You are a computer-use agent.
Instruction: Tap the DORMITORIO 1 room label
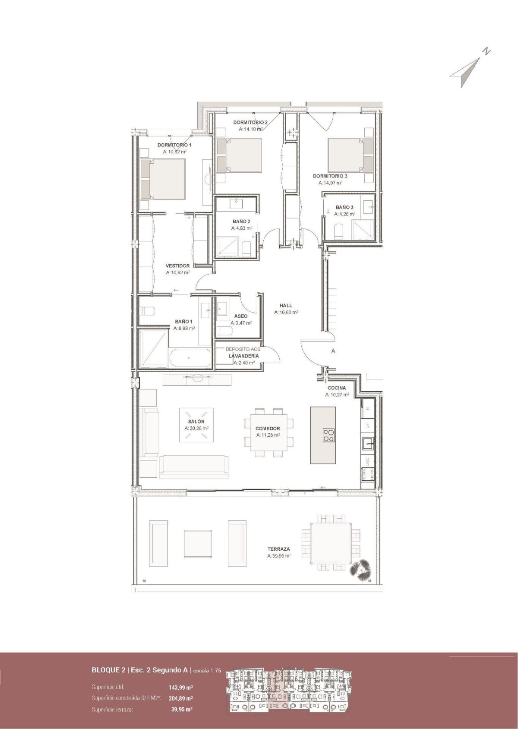click(x=174, y=145)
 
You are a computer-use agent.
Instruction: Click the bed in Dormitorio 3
click(x=350, y=155)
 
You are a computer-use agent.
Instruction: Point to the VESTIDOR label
click(x=177, y=266)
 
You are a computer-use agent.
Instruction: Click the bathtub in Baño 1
click(x=190, y=358)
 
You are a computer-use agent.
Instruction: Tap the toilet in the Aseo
click(x=224, y=331)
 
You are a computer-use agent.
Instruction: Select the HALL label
click(x=286, y=305)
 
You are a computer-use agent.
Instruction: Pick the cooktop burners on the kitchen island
click(x=328, y=434)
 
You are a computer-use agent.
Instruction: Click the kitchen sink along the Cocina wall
click(x=368, y=442)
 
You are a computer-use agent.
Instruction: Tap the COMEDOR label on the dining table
click(x=268, y=428)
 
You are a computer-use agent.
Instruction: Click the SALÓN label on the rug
click(x=196, y=422)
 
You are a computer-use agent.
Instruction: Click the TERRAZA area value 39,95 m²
click(x=279, y=556)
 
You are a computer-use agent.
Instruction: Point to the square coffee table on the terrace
click(x=198, y=543)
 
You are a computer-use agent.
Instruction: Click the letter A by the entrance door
click(x=333, y=351)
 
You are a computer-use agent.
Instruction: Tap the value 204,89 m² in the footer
click(x=180, y=698)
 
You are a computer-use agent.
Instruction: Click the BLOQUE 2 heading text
click(x=108, y=670)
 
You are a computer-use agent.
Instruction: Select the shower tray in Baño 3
click(x=362, y=229)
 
